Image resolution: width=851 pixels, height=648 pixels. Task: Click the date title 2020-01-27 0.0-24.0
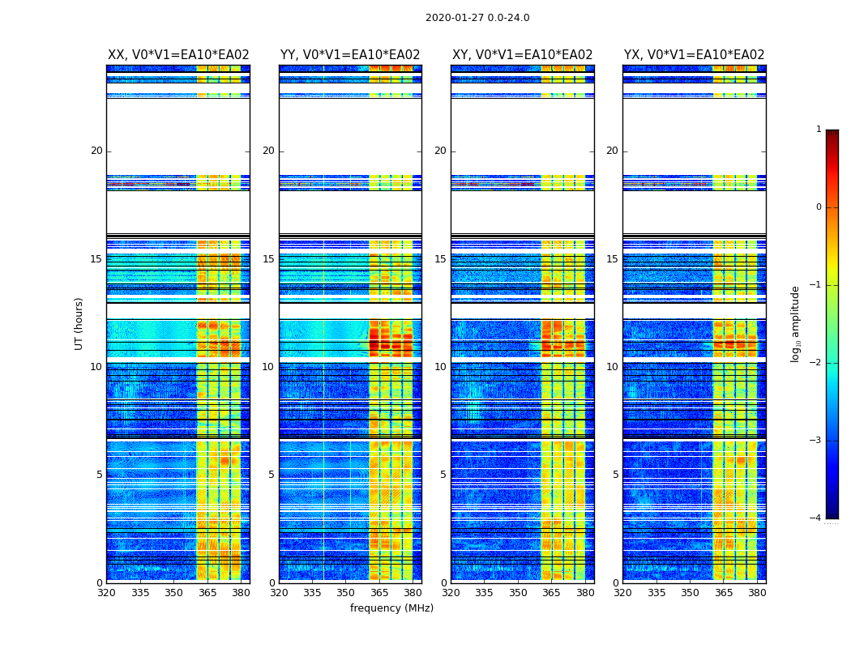pyautogui.click(x=477, y=18)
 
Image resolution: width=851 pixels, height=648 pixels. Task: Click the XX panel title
pyautogui.click(x=178, y=55)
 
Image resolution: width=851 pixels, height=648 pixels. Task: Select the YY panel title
pyautogui.click(x=350, y=55)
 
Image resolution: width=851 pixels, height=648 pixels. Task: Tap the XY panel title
pyautogui.click(x=522, y=55)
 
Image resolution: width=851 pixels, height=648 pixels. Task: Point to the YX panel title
pyautogui.click(x=694, y=55)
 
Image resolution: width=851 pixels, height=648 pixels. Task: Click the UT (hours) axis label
pyautogui.click(x=79, y=323)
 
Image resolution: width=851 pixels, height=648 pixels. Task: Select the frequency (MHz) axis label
pyautogui.click(x=391, y=608)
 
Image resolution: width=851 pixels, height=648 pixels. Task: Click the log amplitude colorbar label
pyautogui.click(x=796, y=323)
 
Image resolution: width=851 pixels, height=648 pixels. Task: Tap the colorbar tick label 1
pyautogui.click(x=819, y=130)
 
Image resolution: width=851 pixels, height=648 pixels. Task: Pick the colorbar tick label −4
pyautogui.click(x=816, y=518)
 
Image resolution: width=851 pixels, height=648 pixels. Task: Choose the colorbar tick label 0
pyautogui.click(x=819, y=207)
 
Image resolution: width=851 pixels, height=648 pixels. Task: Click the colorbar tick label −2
pyautogui.click(x=816, y=363)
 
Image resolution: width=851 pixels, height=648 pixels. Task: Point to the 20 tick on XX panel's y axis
pyautogui.click(x=96, y=151)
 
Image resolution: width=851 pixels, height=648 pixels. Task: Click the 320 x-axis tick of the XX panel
pyautogui.click(x=106, y=593)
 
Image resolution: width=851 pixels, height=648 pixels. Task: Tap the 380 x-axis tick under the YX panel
pyautogui.click(x=757, y=593)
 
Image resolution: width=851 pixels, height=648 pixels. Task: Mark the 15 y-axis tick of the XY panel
pyautogui.click(x=440, y=259)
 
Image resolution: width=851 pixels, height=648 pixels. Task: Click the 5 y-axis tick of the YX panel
pyautogui.click(x=615, y=475)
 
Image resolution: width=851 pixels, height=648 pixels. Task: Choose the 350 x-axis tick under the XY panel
pyautogui.click(x=518, y=593)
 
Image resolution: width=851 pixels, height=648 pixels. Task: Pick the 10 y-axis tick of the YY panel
pyautogui.click(x=268, y=367)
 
